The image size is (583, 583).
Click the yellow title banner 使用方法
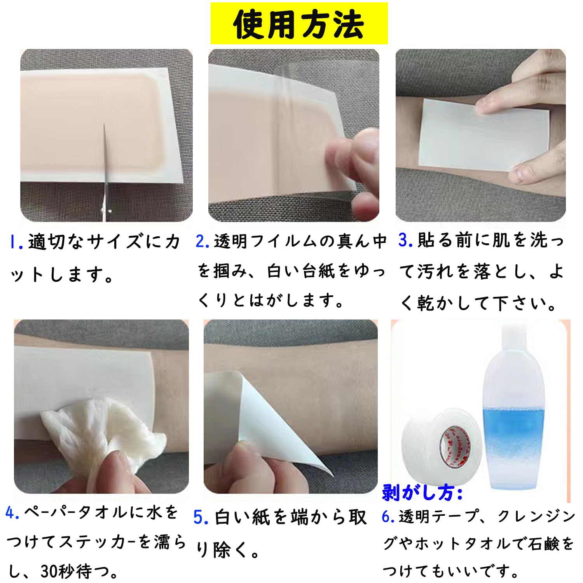[299, 24]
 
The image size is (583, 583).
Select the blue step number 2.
[202, 241]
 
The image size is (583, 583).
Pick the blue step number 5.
[201, 518]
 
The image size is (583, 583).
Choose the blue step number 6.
[388, 517]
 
